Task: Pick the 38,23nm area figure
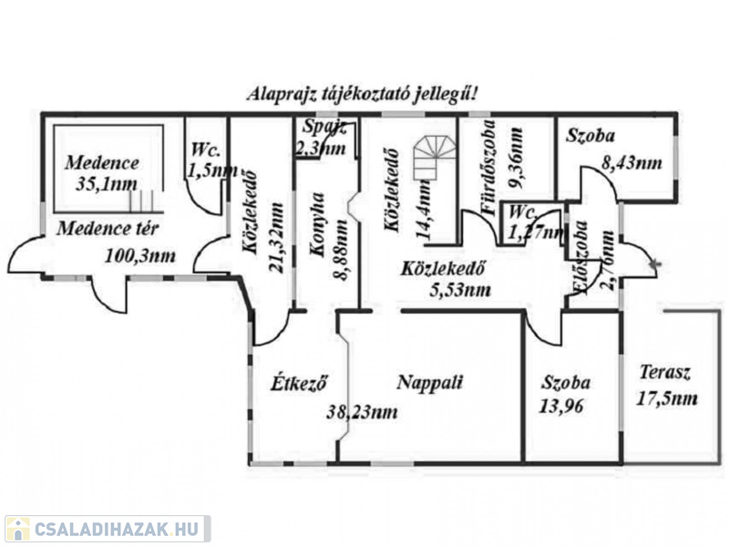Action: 363,412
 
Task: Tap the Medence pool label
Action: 102,164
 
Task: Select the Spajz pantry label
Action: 323,128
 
